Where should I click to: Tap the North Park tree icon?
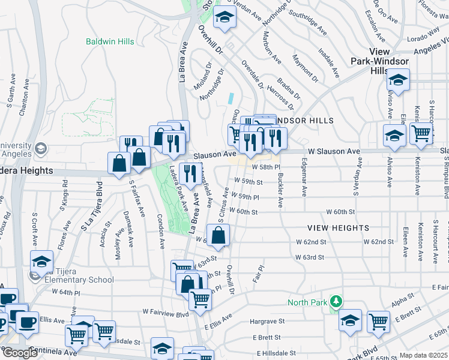click(337, 301)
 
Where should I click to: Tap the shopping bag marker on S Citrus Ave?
click(217, 236)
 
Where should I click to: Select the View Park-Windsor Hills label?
click(388, 61)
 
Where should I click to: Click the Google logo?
click(19, 353)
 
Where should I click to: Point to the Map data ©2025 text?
click(423, 355)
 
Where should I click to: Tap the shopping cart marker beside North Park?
click(378, 322)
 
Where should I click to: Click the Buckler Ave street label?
click(280, 191)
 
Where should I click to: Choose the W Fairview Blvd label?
click(166, 313)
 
